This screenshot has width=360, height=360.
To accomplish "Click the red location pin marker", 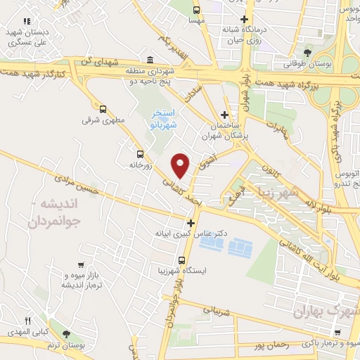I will pos(181,165).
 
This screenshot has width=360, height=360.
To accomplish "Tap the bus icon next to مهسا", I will pos(196,10).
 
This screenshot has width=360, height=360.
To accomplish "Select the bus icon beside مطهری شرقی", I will pos(103,109).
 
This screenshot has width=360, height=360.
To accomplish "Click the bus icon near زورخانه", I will pos(140,153).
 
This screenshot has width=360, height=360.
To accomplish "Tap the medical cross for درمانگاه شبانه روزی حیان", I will pos(244,19).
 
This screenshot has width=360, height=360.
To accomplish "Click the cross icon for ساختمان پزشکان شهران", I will pos(224,115).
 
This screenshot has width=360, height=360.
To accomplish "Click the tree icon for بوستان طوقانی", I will pos(306,53).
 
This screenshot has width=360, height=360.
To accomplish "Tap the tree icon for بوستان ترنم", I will pos(67,333).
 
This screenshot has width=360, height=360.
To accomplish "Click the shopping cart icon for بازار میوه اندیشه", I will pos(82,264).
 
